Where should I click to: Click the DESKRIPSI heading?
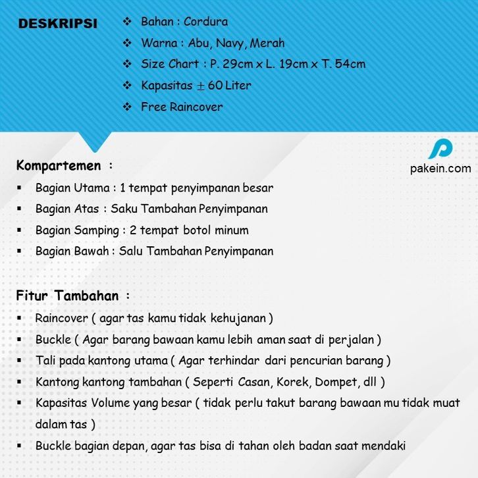pyautogui.click(x=58, y=24)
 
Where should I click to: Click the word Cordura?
pyautogui.click(x=206, y=22)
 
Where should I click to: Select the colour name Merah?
pyautogui.click(x=267, y=43)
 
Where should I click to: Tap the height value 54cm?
pyautogui.click(x=348, y=65)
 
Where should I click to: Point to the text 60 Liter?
pyautogui.click(x=230, y=86)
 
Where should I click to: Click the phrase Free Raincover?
pyautogui.click(x=182, y=107)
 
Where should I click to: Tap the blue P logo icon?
pyautogui.click(x=440, y=149)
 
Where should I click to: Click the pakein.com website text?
pyautogui.click(x=440, y=169)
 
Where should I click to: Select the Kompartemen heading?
pyautogui.click(x=59, y=165)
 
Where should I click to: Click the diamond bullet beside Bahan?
pyautogui.click(x=128, y=22)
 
